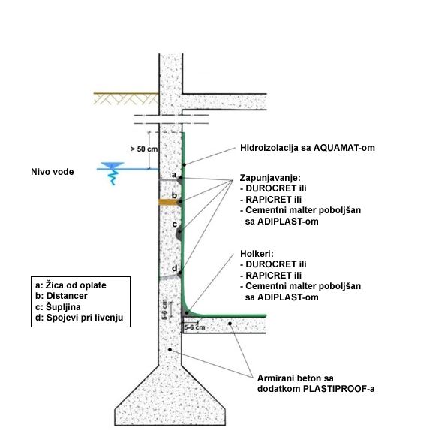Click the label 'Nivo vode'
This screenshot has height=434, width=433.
(x=53, y=172)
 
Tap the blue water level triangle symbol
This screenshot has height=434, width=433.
(x=113, y=165)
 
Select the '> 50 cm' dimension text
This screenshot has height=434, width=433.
(x=144, y=149)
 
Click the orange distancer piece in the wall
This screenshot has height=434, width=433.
(x=168, y=202)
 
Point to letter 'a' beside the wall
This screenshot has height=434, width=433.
(x=174, y=175)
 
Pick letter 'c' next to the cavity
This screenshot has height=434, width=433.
(x=174, y=225)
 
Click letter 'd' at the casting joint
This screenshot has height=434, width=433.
(x=174, y=268)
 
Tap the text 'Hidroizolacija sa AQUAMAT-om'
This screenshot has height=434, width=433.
(x=308, y=148)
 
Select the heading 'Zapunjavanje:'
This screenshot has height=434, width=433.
(x=270, y=177)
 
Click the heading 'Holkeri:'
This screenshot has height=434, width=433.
(x=257, y=254)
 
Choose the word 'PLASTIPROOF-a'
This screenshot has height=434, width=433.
(x=339, y=389)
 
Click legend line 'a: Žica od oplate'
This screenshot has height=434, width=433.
(x=71, y=285)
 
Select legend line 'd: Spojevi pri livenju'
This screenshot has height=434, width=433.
(x=79, y=318)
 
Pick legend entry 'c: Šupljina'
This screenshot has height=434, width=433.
(x=58, y=307)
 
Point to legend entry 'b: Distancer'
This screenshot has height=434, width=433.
(x=62, y=296)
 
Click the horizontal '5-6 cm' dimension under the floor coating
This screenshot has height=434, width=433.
(x=195, y=327)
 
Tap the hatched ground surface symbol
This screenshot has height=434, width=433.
(x=126, y=98)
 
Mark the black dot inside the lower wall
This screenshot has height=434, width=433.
(x=170, y=350)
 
